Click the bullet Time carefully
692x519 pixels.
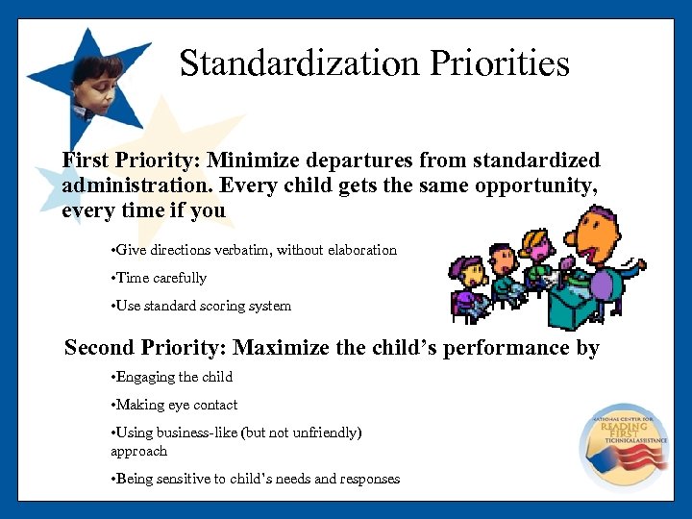pos(160,278)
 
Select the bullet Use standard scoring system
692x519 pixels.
pos(202,306)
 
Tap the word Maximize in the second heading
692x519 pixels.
pos(281,348)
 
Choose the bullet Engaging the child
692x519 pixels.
pos(173,377)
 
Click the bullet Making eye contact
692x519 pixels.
pos(175,405)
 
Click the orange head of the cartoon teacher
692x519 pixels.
pos(587,235)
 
